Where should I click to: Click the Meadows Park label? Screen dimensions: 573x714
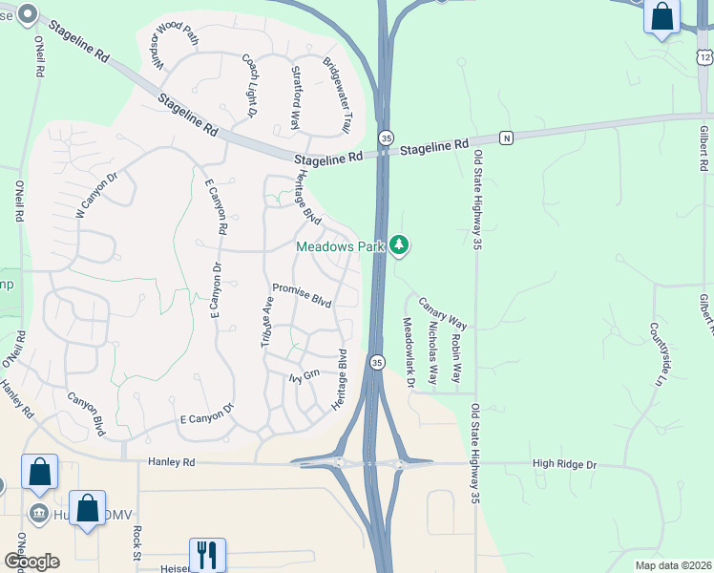(x=339, y=246)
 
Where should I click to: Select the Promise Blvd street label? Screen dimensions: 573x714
(x=302, y=295)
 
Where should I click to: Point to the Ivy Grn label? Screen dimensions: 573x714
(x=303, y=376)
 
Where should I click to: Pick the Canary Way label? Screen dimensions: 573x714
(x=443, y=311)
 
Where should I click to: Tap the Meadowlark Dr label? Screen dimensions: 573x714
(x=409, y=352)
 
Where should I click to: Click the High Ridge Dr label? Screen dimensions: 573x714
(x=564, y=464)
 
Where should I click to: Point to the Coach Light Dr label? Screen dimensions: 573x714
(x=250, y=85)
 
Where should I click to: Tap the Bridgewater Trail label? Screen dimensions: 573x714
(x=339, y=85)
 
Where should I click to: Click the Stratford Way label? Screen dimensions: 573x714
(x=296, y=96)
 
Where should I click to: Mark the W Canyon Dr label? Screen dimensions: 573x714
(x=95, y=195)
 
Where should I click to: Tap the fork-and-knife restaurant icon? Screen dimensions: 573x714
(x=207, y=554)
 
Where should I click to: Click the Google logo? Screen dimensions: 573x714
(x=31, y=562)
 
